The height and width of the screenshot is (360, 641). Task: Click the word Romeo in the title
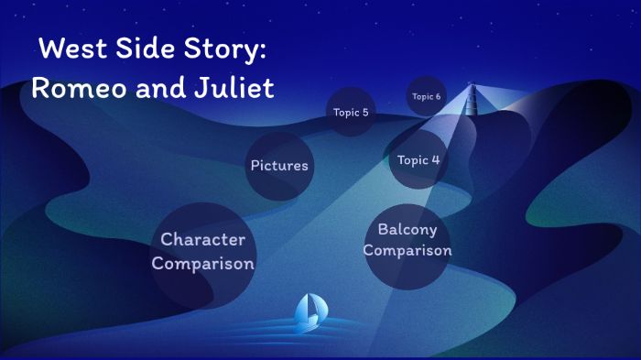[74, 89]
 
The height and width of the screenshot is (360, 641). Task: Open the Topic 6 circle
[426, 96]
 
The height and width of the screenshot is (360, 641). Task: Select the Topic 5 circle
[351, 112]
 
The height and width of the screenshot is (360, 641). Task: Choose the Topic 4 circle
[418, 159]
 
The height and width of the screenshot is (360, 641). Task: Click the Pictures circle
[279, 166]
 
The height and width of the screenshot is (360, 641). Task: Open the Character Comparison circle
[202, 252]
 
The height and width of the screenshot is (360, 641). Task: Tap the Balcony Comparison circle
[407, 240]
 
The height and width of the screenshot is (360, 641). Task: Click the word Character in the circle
[202, 240]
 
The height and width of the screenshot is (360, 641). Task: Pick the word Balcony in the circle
[407, 229]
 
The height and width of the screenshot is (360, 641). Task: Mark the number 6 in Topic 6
[438, 96]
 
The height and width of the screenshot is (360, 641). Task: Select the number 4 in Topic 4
[435, 159]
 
